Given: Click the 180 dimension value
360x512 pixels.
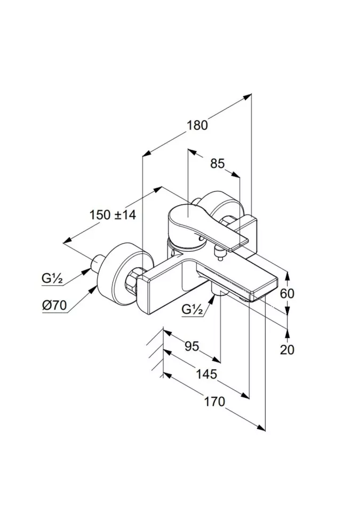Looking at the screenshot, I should click(197, 126).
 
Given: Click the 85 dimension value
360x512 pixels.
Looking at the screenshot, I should click(217, 164).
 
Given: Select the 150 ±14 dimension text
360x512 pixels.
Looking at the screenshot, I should click(113, 215).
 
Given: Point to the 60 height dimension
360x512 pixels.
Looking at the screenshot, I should click(287, 293).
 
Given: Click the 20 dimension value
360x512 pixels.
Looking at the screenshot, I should click(287, 349).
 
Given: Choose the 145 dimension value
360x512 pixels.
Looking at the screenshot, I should click(206, 374).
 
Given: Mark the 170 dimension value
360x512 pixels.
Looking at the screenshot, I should click(214, 401).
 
